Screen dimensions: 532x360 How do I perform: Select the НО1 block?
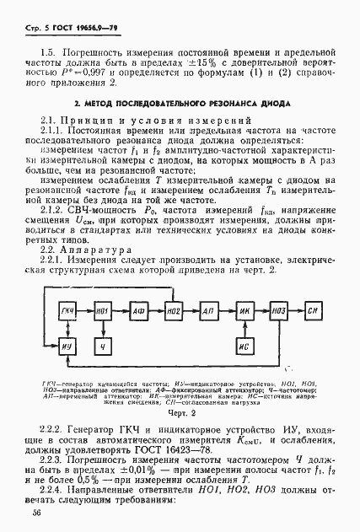pyautogui.click(x=104, y=312)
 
